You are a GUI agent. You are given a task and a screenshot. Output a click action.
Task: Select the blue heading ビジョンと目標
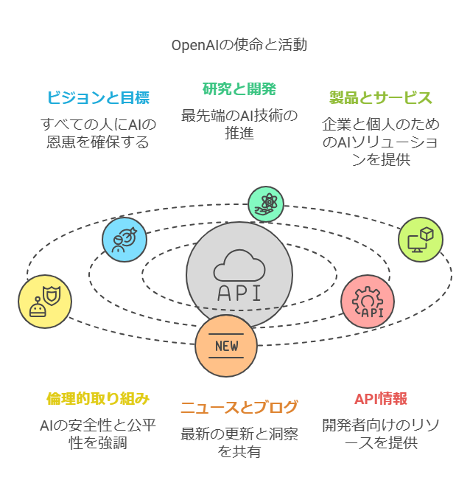pos(98,97)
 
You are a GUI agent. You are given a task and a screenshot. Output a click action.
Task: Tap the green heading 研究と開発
pos(239,89)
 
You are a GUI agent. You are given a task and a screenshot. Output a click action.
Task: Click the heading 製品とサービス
pos(380,97)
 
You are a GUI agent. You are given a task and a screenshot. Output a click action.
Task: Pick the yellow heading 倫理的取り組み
pos(98,398)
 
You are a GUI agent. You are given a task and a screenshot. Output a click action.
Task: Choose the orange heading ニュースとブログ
pos(239,407)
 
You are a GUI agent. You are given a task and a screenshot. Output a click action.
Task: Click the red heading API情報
pos(380,399)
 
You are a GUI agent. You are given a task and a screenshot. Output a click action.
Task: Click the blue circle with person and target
pos(124,240)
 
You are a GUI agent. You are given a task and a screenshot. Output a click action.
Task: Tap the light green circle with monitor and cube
pos(421,240)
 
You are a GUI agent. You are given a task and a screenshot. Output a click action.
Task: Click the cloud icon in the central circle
pos(239,265)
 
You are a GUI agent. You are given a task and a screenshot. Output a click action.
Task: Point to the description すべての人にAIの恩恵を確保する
pos(98,133)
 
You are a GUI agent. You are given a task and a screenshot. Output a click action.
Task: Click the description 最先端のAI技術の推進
pos(239,124)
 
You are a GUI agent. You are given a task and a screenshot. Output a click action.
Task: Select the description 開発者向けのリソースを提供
pos(380,434)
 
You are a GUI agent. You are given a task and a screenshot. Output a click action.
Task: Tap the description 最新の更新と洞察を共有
pos(239,442)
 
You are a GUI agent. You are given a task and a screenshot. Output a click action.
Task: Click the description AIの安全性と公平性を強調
pos(98,434)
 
